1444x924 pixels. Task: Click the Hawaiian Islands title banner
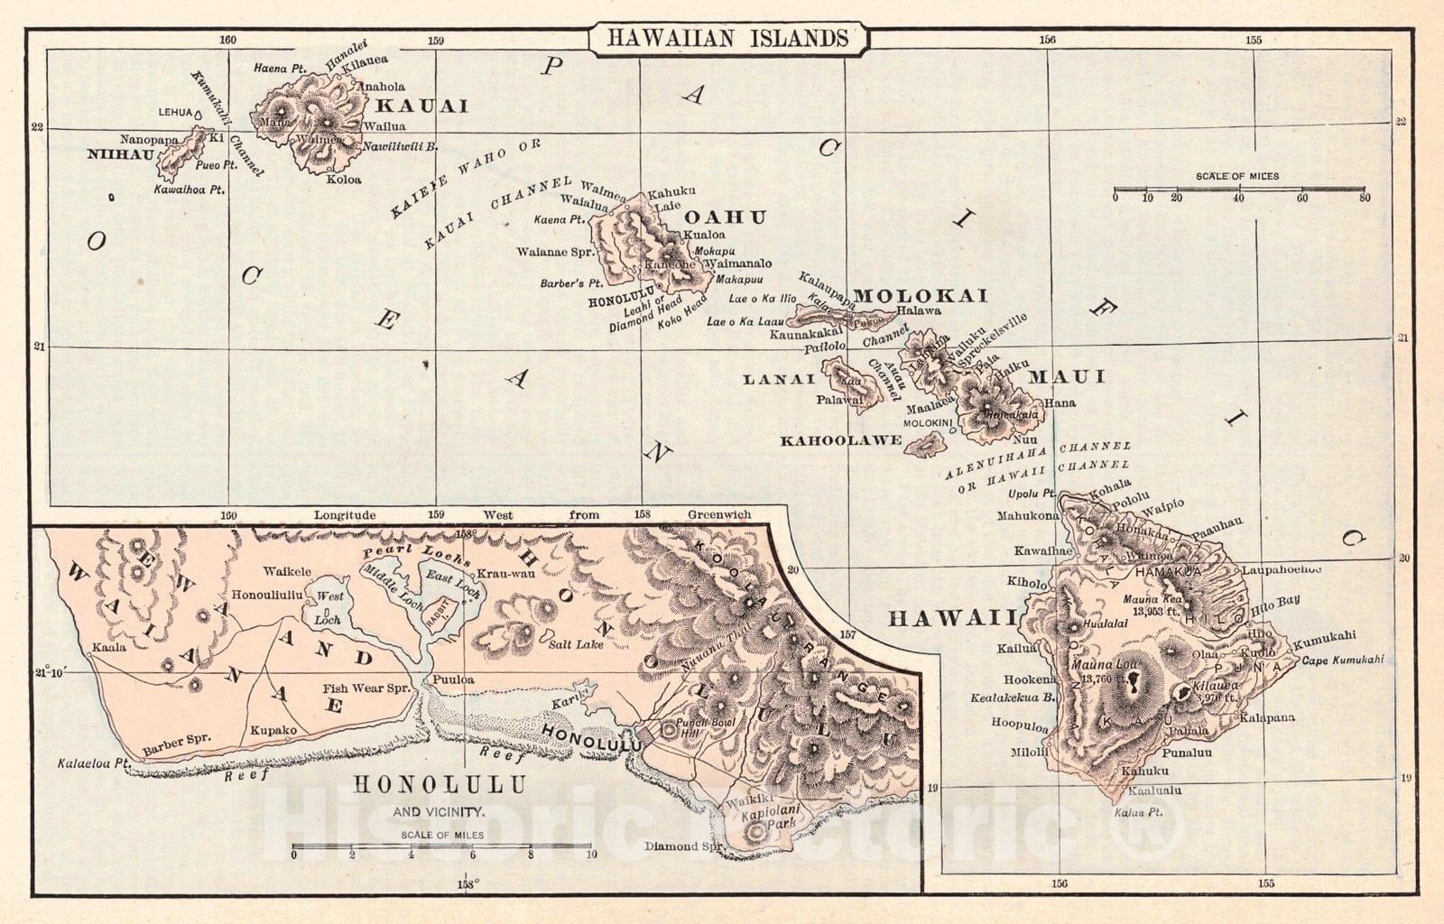coord(727,38)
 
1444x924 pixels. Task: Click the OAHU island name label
coord(725,217)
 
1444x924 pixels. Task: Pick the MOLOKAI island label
coord(921,296)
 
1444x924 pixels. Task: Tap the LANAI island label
coord(779,380)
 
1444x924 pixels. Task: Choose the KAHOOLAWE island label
coord(840,440)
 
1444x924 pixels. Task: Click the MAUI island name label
coord(1067,376)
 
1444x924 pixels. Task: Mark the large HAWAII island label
coord(953,618)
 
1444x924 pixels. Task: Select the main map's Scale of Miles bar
coord(1240,190)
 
